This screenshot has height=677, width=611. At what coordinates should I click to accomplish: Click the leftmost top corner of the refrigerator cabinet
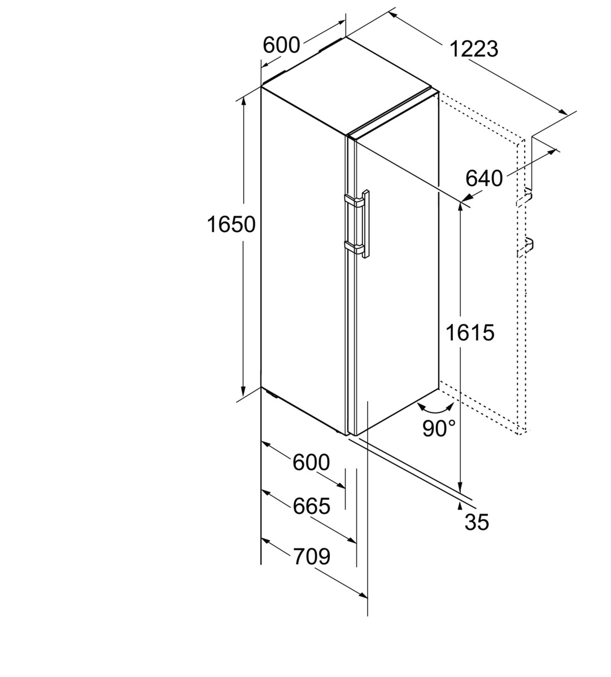click(x=261, y=87)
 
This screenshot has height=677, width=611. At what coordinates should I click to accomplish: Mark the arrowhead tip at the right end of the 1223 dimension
click(x=568, y=115)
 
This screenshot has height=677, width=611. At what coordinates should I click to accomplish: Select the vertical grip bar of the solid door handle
click(x=366, y=224)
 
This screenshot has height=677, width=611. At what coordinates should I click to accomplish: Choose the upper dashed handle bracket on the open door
click(x=524, y=198)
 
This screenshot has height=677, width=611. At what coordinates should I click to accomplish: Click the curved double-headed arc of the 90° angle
click(x=435, y=408)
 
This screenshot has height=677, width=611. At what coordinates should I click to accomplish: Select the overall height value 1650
click(x=231, y=225)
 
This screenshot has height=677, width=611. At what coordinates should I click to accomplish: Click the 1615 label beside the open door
click(x=470, y=332)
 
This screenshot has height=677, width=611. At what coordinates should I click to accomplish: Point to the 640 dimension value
click(x=484, y=178)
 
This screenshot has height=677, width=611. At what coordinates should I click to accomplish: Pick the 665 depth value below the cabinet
click(x=311, y=506)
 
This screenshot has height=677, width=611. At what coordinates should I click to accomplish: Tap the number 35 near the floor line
click(x=477, y=522)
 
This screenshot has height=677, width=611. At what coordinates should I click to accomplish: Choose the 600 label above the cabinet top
click(x=281, y=45)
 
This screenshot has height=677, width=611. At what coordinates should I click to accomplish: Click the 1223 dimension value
click(x=474, y=49)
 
